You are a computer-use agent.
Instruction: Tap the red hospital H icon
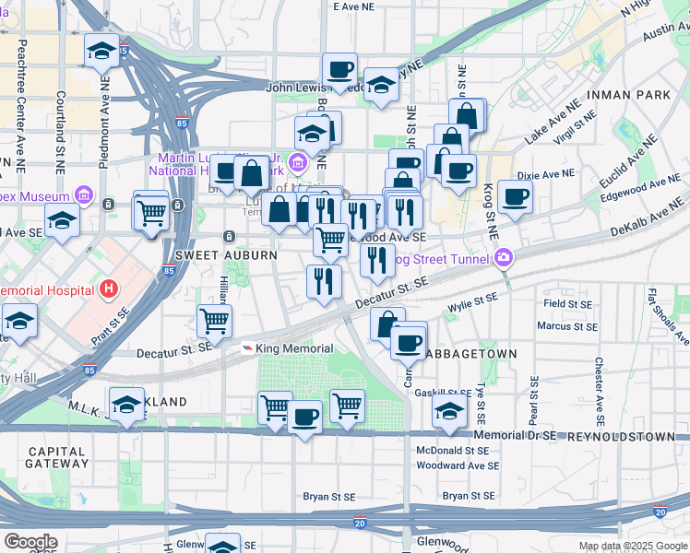coord(110,289)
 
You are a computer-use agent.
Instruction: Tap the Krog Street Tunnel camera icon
coord(506,259)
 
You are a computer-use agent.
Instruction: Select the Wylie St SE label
coord(472,299)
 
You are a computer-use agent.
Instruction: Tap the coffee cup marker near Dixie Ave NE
coord(516,195)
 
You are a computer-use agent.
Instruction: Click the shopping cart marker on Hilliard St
coord(214,322)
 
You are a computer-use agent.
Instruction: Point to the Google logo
coord(30,542)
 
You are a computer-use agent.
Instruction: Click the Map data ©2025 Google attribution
coord(633,546)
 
